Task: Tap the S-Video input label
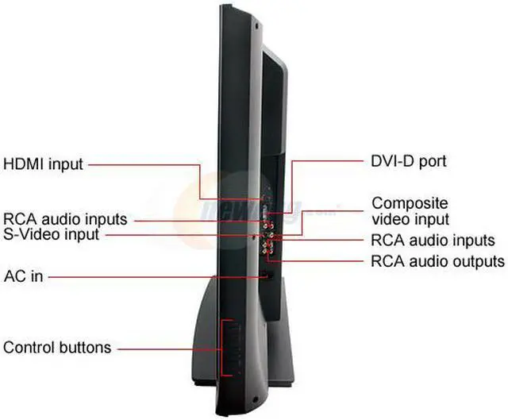tap(52, 234)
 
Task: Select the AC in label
tap(23, 276)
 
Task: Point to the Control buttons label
tap(57, 348)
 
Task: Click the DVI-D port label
tap(409, 161)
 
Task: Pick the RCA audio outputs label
tap(437, 261)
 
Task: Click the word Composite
tap(410, 203)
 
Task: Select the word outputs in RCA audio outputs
tap(477, 261)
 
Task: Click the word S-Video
tap(32, 234)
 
